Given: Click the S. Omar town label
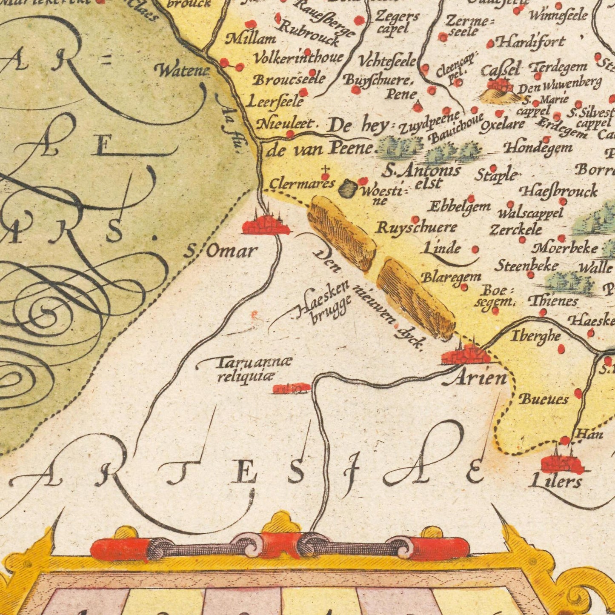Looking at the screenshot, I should (221, 251).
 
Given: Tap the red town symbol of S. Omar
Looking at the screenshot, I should (266, 225).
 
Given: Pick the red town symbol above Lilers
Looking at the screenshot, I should (561, 464).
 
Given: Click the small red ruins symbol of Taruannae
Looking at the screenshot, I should (291, 388).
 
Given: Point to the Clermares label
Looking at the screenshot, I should (302, 184).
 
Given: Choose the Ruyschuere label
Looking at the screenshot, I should (416, 228).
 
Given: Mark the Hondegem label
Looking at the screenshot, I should (538, 148).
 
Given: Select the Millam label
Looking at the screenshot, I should (251, 39).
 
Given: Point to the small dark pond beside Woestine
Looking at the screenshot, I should (348, 189).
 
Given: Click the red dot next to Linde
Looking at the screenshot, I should (475, 250).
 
